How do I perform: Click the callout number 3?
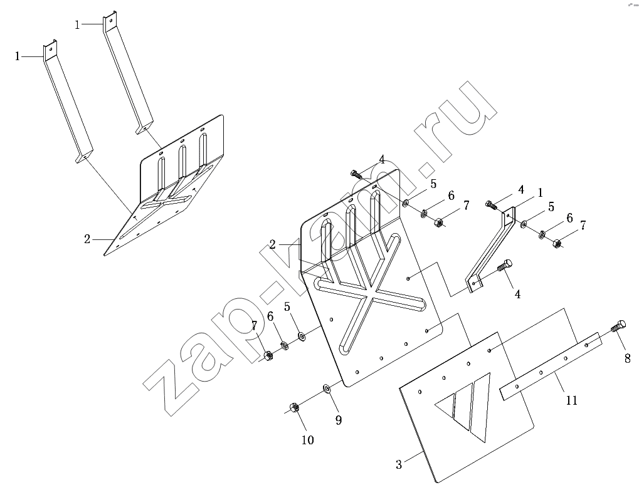coord(399,464)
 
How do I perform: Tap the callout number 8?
coord(626,360)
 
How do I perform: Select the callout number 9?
coord(339,420)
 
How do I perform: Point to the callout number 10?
coord(307,440)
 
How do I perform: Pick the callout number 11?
coord(571,399)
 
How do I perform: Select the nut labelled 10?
coord(293,408)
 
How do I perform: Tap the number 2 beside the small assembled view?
coord(87,239)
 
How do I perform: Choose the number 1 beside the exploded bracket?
coord(541,192)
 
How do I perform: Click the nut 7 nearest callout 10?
coord(268,355)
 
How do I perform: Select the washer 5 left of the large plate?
coord(302,336)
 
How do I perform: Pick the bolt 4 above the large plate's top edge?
coord(355,174)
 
